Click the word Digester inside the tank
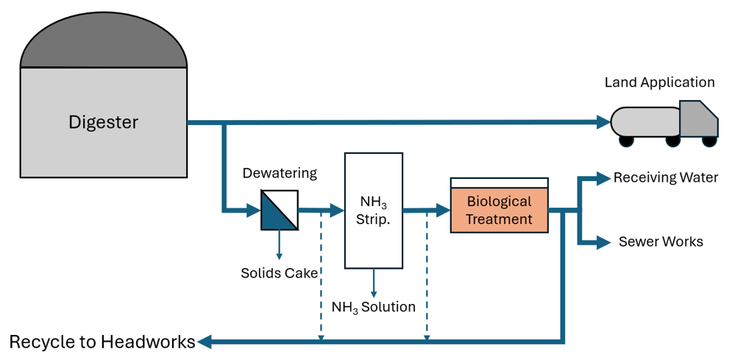point(104,122)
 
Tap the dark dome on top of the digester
point(104,42)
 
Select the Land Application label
point(659,82)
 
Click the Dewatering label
point(280,174)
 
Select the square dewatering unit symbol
point(280,210)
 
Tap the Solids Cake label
point(280,273)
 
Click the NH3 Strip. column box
point(374,210)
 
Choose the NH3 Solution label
point(374,307)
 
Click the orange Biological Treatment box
point(500,210)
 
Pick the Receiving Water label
point(666,178)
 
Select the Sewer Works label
point(661,242)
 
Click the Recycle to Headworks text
point(102,342)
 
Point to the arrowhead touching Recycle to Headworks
point(205,342)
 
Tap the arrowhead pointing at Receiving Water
point(603,178)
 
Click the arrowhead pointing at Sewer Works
point(603,242)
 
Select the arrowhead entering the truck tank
point(603,122)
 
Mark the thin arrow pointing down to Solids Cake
point(280,244)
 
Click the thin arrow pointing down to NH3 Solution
point(374,283)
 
